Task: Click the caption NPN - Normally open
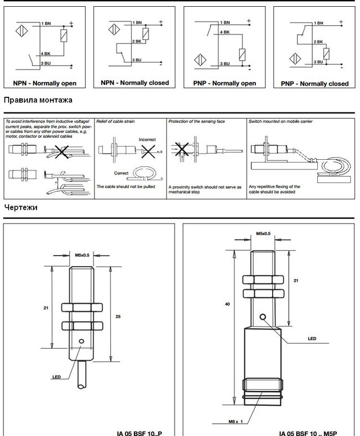click(45, 83)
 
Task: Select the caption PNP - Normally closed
click(314, 83)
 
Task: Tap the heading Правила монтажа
click(38, 101)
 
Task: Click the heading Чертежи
click(21, 208)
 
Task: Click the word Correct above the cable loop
click(121, 173)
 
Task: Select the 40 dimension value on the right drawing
click(227, 304)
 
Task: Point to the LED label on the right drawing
click(312, 338)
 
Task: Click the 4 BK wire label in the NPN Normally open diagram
click(47, 53)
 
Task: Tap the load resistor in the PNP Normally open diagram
click(241, 55)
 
